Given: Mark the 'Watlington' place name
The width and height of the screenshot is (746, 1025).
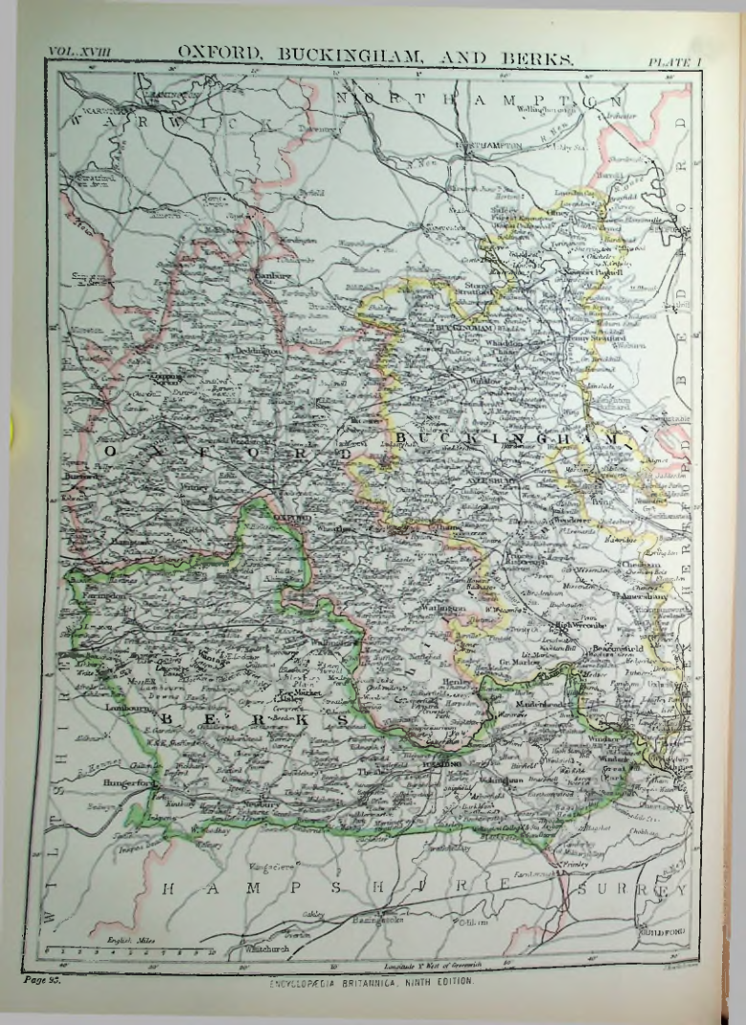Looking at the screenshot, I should click(439, 607).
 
